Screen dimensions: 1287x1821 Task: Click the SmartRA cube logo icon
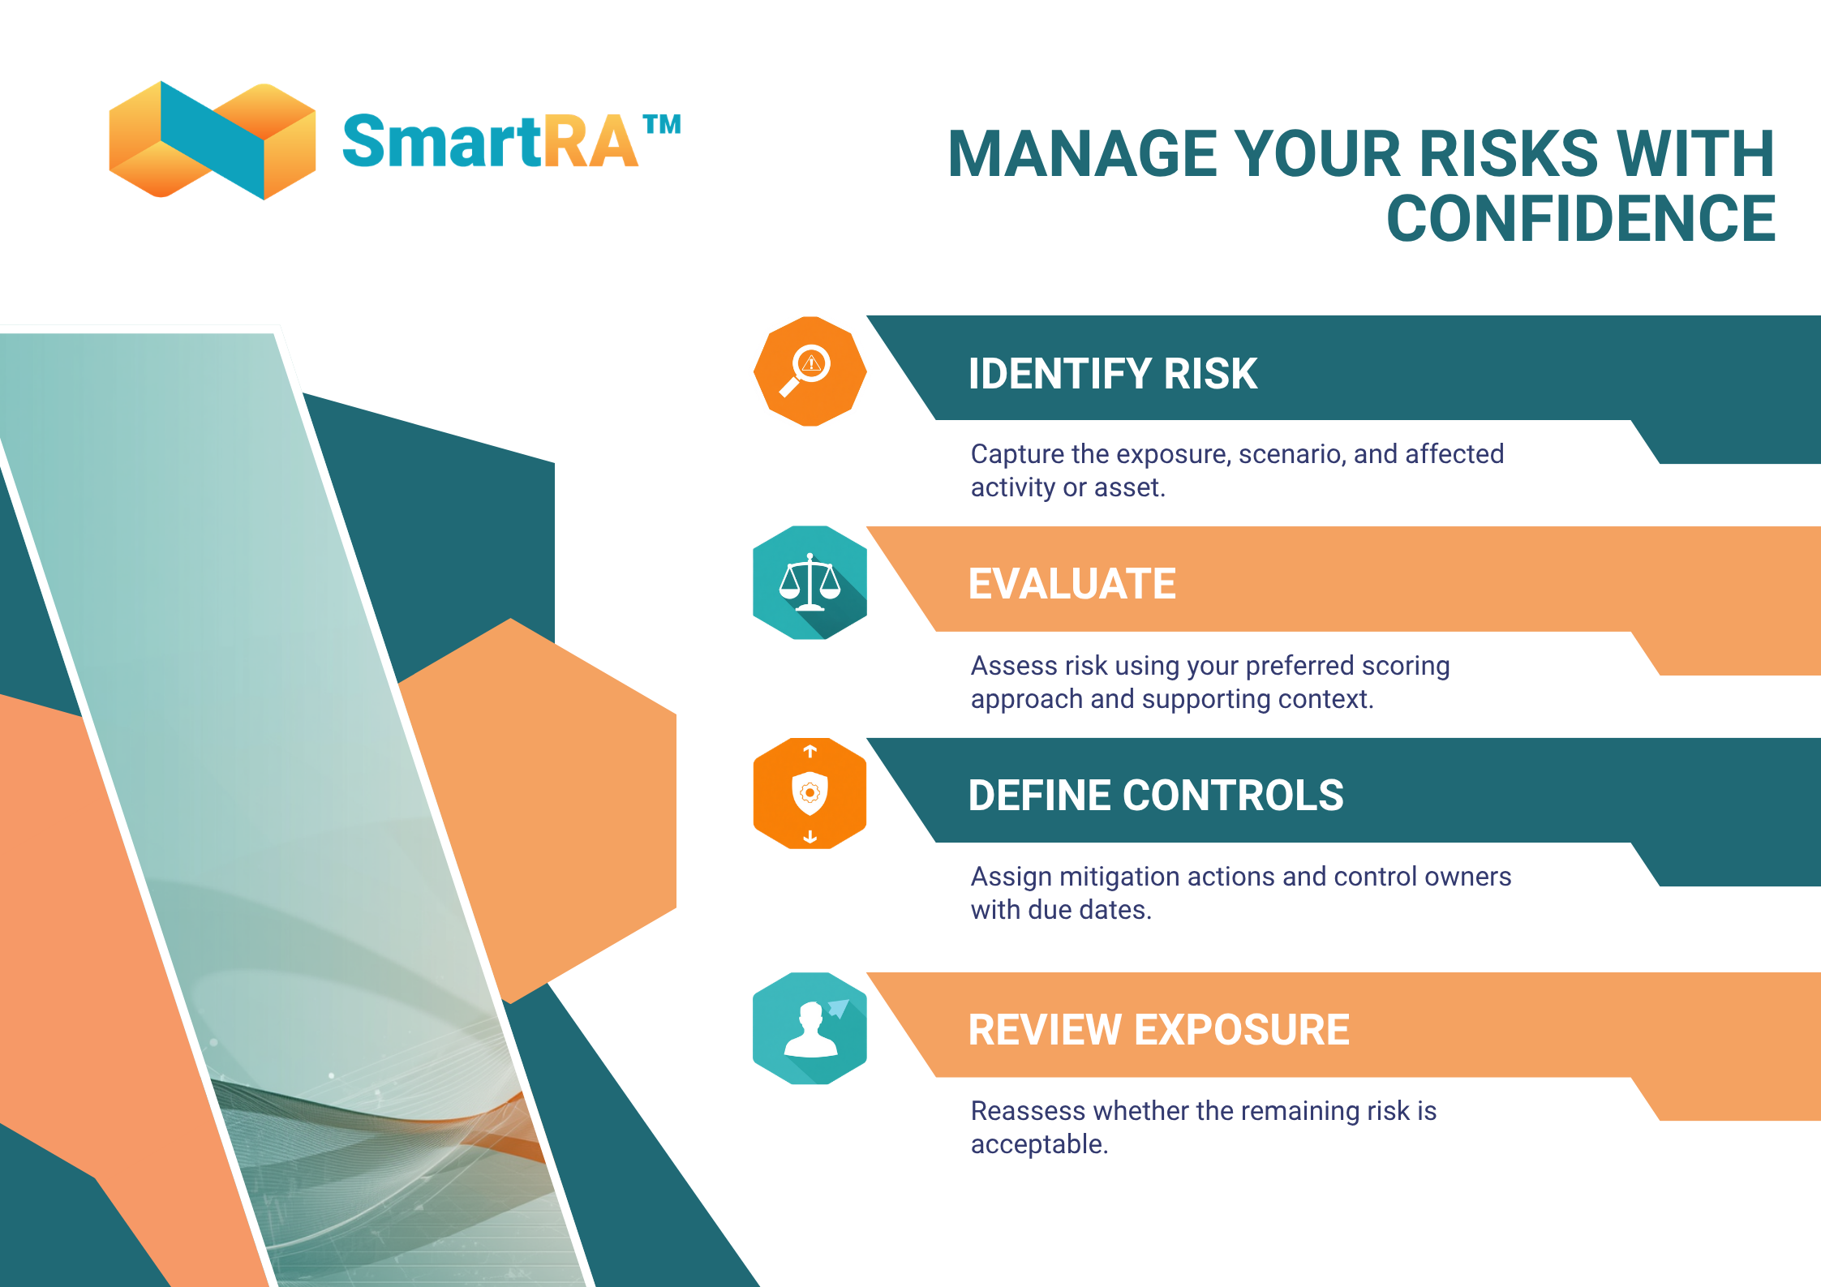tap(213, 140)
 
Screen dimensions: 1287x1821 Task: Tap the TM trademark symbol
tap(662, 125)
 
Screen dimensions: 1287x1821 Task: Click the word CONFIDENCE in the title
tap(1580, 219)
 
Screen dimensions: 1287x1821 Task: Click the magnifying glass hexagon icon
tap(810, 371)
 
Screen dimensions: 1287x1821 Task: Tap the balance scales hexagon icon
tap(810, 582)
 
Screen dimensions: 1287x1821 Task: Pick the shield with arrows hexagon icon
tap(810, 793)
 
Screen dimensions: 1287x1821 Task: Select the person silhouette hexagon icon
tap(810, 1028)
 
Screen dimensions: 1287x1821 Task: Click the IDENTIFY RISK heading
tap(1112, 374)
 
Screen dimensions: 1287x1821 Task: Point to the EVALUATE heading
tap(1072, 584)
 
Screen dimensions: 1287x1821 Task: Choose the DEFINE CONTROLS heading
tap(1155, 796)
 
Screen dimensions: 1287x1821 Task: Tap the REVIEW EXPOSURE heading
tap(1158, 1030)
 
